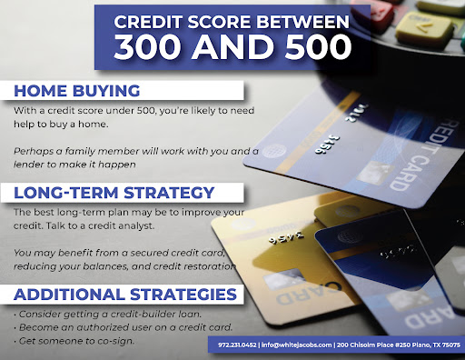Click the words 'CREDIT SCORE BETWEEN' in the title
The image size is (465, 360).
(x=223, y=19)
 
